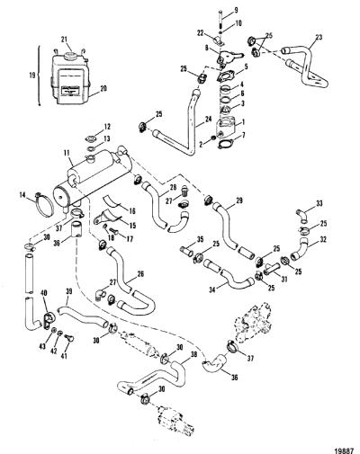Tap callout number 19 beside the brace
coord(33,75)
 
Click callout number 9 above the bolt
coord(236,11)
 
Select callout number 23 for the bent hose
coord(319,38)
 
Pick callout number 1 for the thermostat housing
coord(243,122)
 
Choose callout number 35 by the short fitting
coord(200,239)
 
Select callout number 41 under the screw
coord(64,356)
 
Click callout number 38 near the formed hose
coord(194,354)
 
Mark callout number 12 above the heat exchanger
coord(107,127)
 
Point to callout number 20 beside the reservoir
coord(103,89)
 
